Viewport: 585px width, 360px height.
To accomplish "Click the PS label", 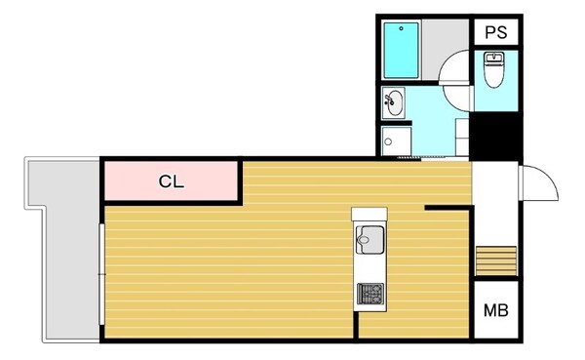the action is pos(496,32).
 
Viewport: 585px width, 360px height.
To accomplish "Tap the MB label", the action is pos(496,310).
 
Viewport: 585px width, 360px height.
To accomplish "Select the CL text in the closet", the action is pos(172,181).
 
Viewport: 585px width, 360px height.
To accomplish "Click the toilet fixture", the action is pos(493,70).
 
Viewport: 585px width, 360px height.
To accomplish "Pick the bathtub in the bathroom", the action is pos(401,51).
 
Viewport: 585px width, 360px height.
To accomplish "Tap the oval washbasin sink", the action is pos(394,102).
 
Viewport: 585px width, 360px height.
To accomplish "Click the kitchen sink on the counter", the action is pos(370,240).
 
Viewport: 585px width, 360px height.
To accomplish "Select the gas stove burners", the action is pos(370,294).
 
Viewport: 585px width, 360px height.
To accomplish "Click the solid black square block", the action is pos(496,136).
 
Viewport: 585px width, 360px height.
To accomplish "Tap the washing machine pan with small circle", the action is pos(396,141).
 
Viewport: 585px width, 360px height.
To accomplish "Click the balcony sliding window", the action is pos(101,274).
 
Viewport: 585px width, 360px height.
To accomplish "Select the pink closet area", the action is pos(172,181).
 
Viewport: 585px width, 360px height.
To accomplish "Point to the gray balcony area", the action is pos(71,250).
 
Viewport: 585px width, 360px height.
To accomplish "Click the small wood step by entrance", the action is pos(496,260).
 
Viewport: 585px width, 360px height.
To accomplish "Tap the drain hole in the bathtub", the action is pos(402,28).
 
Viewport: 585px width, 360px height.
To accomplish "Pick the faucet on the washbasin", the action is pos(389,100).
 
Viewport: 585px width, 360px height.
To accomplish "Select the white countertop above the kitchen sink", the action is pos(370,214).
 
